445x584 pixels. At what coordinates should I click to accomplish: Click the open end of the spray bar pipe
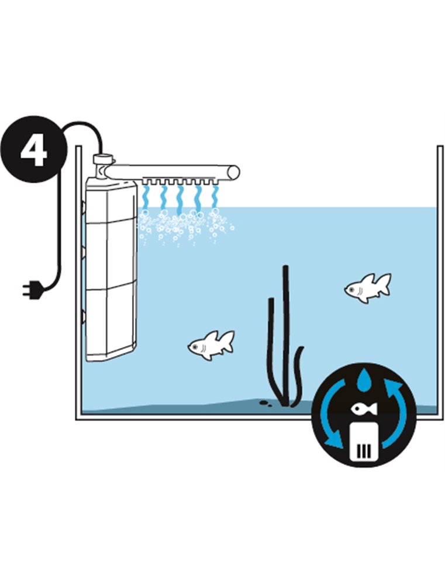[233, 172]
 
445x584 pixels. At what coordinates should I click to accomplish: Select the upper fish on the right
[367, 287]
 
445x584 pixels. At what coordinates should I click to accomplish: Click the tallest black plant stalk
[285, 327]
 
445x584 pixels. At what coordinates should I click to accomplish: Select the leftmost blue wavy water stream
[146, 199]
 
